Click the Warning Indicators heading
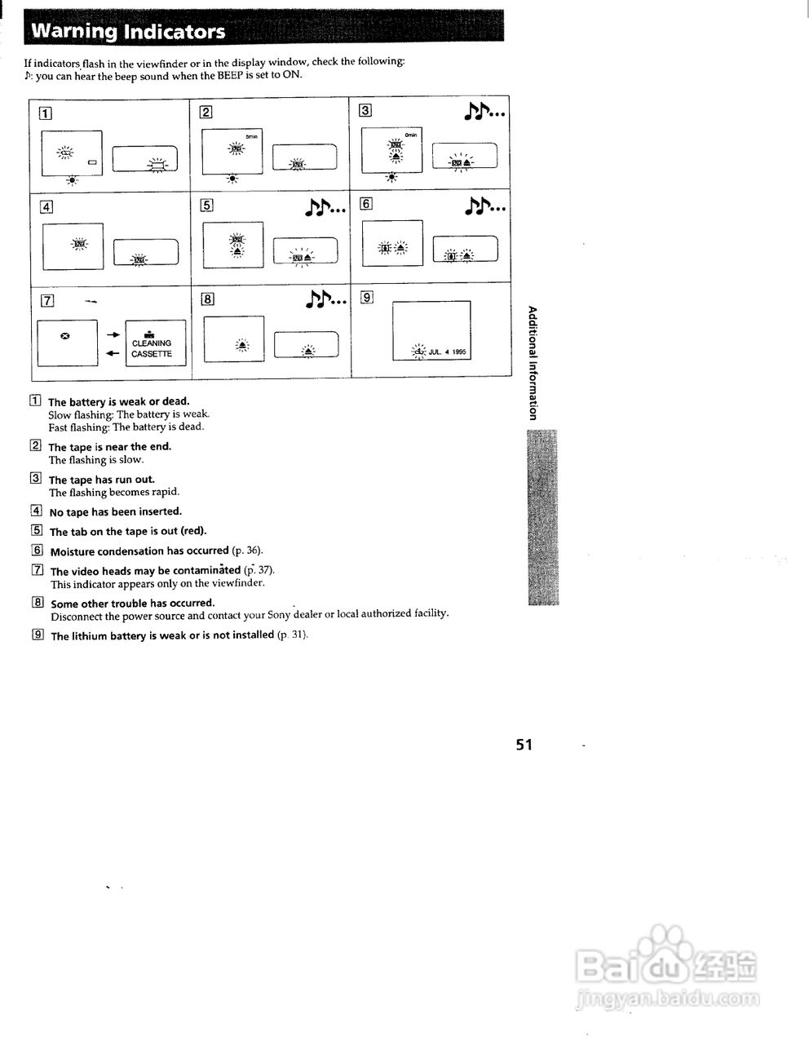coord(128,32)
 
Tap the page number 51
coord(524,744)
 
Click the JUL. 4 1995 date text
coord(447,352)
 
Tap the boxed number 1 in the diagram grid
coord(46,113)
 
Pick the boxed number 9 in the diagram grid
coord(368,297)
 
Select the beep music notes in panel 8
coord(326,300)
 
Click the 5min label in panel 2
coord(250,135)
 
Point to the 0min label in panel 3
coord(410,134)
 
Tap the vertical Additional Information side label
coord(533,362)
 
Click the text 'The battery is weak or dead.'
coord(118,401)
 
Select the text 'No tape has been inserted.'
coord(115,512)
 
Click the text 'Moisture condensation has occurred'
coord(139,551)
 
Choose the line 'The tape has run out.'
coord(101,480)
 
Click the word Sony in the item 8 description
coord(279,614)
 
